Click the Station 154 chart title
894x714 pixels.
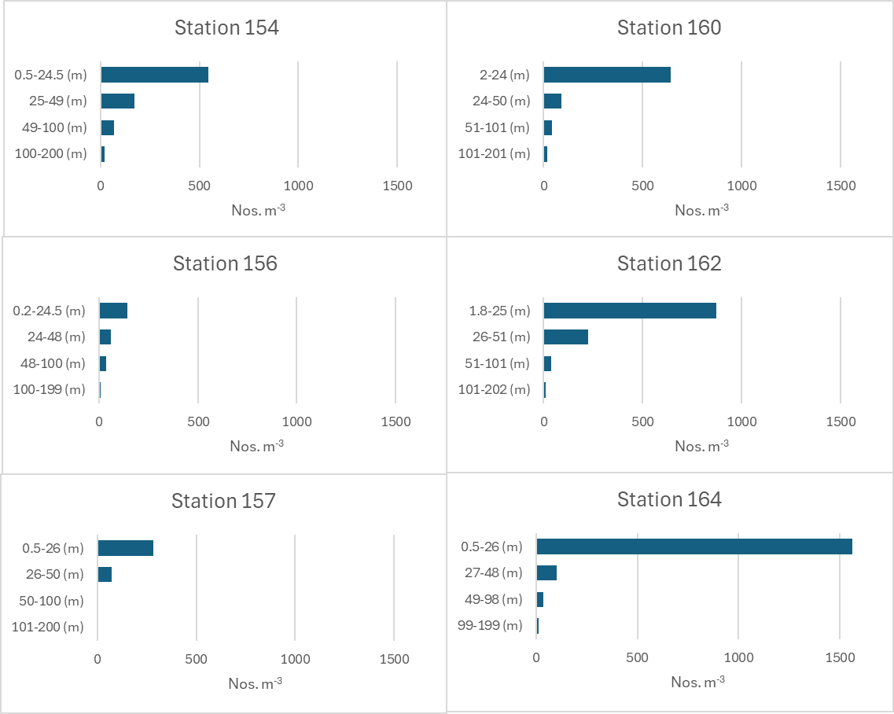(x=226, y=28)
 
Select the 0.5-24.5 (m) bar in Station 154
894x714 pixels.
(x=155, y=75)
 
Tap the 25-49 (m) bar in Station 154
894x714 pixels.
(x=118, y=101)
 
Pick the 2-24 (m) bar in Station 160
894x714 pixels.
(x=607, y=75)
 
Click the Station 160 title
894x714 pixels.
(x=669, y=28)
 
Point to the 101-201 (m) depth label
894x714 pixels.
(x=495, y=153)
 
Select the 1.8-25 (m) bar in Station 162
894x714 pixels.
(x=630, y=311)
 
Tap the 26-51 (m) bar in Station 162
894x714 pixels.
(x=566, y=337)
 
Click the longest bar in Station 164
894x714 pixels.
(x=694, y=547)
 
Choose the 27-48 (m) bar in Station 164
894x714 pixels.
(x=546, y=572)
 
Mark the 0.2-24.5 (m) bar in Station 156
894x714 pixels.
(x=113, y=311)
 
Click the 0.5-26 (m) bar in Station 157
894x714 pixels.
(x=126, y=548)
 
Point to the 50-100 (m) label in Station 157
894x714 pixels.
(x=51, y=601)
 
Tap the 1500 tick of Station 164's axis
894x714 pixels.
(x=839, y=657)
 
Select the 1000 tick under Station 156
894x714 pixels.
(x=296, y=421)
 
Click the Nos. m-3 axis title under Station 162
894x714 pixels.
(x=701, y=446)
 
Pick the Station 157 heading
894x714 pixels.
(x=224, y=501)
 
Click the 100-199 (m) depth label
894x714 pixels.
(x=49, y=389)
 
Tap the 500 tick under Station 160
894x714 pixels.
(x=642, y=186)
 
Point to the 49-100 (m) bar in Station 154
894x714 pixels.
(x=108, y=127)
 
